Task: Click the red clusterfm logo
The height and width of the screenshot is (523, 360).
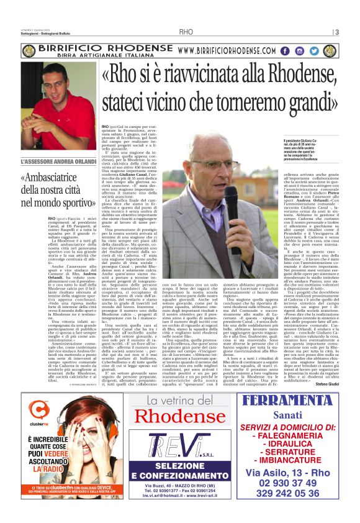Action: pyautogui.click(x=39, y=410)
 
